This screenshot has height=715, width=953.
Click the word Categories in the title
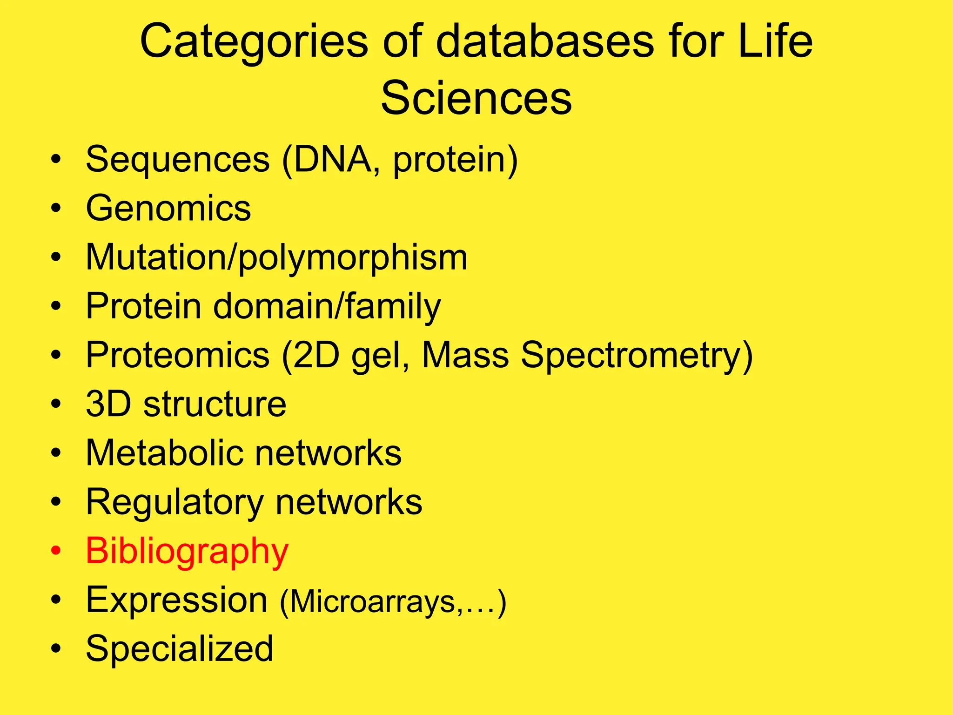tap(254, 42)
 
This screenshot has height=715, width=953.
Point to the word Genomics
tap(168, 208)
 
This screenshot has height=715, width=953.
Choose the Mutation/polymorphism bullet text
tap(276, 257)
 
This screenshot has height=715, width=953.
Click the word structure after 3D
tap(215, 404)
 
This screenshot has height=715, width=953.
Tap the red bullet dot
tap(56, 551)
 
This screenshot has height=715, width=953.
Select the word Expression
tap(177, 600)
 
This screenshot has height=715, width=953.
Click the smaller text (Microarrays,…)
tap(393, 602)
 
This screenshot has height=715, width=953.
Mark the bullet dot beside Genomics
tap(56, 209)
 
